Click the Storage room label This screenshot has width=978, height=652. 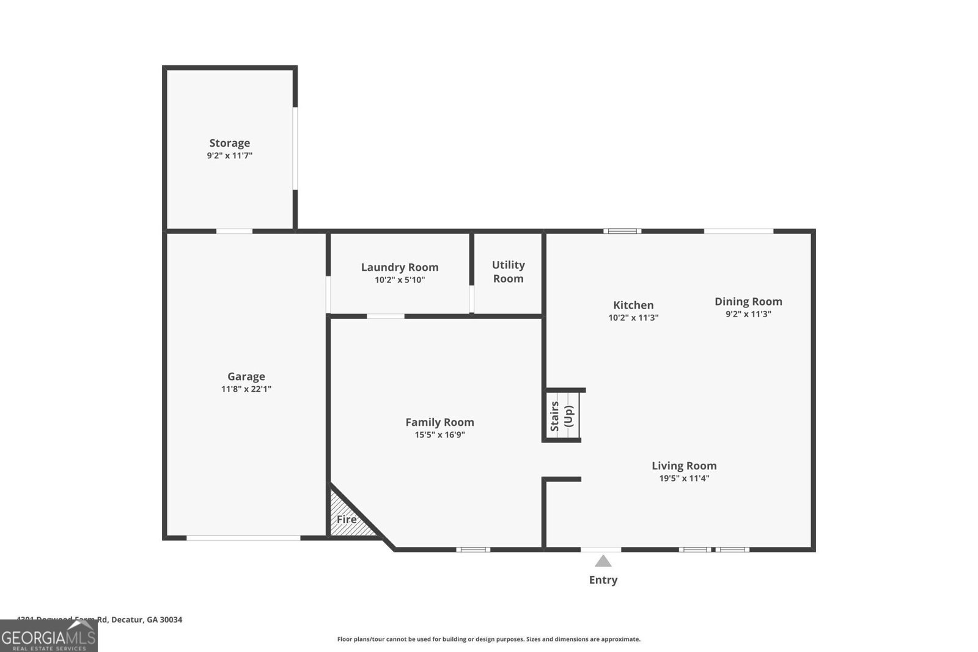(x=229, y=143)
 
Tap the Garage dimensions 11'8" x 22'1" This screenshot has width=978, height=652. (x=246, y=389)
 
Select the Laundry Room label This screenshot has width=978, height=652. (x=399, y=267)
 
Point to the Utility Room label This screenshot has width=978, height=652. (x=508, y=271)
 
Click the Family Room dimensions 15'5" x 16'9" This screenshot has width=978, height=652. (x=439, y=435)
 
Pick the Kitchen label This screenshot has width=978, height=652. (x=633, y=305)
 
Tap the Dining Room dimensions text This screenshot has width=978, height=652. (x=748, y=314)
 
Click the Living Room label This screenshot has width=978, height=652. (x=683, y=466)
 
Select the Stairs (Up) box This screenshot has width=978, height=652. (x=562, y=416)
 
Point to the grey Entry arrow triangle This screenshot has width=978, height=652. (x=603, y=561)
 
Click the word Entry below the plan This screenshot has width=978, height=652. (x=603, y=580)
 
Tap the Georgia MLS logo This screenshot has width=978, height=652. (x=48, y=636)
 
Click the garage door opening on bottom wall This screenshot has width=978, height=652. (x=243, y=538)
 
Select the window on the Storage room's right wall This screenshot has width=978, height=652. (x=295, y=148)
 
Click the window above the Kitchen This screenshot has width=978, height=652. (x=622, y=231)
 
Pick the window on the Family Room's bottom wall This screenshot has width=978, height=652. (x=473, y=549)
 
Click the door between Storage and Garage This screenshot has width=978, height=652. (x=234, y=231)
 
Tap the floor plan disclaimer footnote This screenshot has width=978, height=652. (x=488, y=639)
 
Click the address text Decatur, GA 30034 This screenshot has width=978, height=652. (x=147, y=620)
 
